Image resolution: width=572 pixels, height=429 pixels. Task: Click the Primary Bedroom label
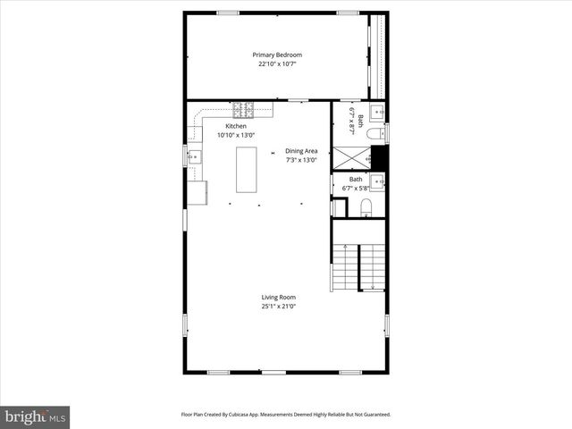277,55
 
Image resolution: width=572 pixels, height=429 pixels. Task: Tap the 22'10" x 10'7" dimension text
277,64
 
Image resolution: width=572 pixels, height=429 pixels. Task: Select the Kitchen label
236,126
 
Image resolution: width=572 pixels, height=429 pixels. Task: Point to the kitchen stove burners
242,111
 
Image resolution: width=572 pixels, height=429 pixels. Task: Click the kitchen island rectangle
248,169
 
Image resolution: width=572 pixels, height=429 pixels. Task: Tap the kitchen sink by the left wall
194,156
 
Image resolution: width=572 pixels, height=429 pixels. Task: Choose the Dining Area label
301,151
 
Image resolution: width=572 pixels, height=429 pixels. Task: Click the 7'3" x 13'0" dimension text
301,160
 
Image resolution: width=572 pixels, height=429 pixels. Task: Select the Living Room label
278,297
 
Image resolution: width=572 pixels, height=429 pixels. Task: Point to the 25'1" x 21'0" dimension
278,306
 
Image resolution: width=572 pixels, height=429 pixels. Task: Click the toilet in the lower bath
365,208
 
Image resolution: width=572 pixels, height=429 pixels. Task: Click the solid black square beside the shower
378,156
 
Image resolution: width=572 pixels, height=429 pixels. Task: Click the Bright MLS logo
36,416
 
